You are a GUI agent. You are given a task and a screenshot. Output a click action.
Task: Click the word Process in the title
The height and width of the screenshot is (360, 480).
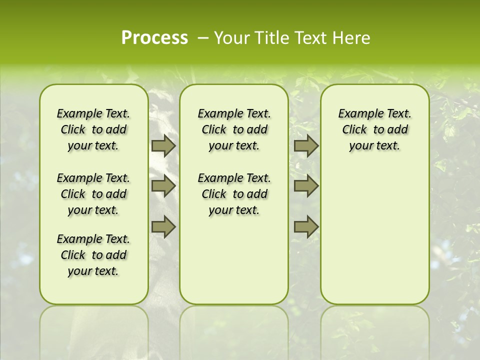coord(154,38)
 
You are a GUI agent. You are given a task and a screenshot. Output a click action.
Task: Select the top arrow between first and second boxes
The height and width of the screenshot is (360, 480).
coord(163,146)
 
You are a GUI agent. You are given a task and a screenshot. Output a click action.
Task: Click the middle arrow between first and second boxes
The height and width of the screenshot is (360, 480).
coord(163,186)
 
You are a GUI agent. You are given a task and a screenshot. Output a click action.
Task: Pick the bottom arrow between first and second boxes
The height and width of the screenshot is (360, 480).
coord(163,226)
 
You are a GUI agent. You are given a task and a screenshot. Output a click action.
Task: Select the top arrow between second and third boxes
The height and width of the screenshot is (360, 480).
coord(306,146)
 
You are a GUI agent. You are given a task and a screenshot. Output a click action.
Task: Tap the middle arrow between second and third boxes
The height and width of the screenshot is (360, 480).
coord(306,186)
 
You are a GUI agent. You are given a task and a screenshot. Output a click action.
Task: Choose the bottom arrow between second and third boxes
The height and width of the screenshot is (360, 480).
coord(306,226)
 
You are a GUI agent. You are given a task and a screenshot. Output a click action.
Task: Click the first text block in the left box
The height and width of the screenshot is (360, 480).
coord(93,130)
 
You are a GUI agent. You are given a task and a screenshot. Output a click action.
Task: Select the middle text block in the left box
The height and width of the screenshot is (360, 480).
coord(93,194)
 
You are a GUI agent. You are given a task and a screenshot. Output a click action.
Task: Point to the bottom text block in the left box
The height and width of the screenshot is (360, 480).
coord(93,255)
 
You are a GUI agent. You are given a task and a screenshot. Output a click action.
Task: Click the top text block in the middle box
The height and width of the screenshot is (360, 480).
coord(234,130)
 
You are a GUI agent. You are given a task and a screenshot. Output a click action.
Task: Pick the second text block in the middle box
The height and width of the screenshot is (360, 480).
coord(234,194)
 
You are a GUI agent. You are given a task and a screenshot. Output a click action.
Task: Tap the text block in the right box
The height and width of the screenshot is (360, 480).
coord(374,130)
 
